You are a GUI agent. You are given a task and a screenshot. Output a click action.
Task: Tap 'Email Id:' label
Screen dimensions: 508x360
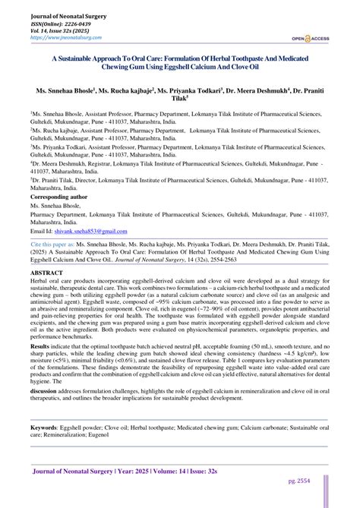pos(40,229)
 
